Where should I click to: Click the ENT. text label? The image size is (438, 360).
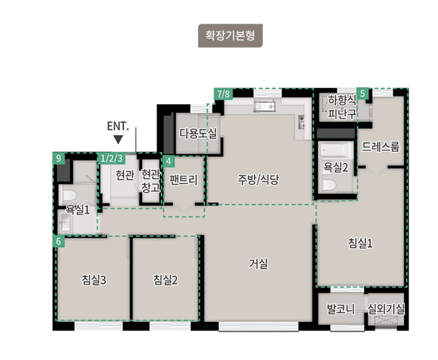pos(117,127)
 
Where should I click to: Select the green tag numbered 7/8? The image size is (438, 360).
pos(223,94)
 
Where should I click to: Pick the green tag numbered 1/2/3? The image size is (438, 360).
pos(112,158)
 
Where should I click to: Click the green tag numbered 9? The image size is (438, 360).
pos(59,158)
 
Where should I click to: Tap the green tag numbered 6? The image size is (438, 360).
pos(59,241)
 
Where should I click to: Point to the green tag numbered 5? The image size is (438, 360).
pos(362,94)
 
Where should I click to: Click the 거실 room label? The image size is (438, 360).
pos(258,264)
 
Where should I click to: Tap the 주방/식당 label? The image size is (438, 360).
pos(258,179)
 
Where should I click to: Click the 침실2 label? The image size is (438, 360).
pos(165,280)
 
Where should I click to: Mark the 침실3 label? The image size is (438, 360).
pos(94,280)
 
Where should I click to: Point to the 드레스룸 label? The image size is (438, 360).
pos(380,146)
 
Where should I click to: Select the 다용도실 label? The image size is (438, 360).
pos(198,131)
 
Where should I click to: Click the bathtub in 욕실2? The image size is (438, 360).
pos(335,150)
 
